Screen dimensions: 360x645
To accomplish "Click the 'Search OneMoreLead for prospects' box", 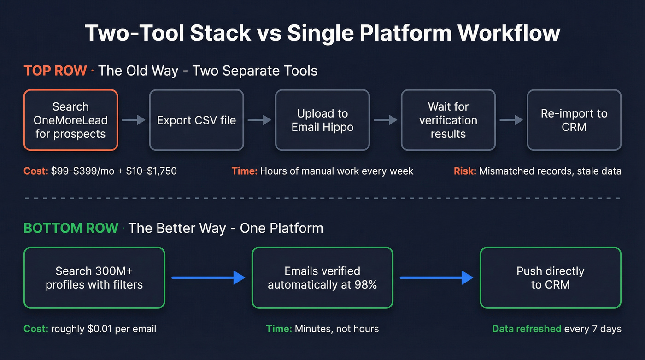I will point(70,120).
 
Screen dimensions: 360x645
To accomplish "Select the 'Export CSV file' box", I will point(196,120).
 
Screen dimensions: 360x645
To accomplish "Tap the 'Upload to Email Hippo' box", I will point(322,120).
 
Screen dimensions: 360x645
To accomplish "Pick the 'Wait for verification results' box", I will point(448,120).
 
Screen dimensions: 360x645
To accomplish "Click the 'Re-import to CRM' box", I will point(574,120).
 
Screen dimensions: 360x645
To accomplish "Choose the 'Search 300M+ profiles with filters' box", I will point(94,277).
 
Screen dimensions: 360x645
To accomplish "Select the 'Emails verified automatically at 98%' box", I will point(322,277).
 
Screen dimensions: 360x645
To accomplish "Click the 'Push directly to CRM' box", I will point(551,277).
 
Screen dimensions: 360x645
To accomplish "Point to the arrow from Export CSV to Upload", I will point(259,120).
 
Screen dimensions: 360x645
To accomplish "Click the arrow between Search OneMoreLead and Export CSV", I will point(134,120).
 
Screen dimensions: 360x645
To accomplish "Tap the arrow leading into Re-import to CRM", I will point(511,120).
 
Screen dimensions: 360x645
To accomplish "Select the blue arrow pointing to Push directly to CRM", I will point(436,277).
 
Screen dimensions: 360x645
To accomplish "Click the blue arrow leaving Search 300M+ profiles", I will point(208,277).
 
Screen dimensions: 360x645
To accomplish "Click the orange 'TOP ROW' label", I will point(55,71).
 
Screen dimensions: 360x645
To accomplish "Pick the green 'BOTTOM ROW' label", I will point(71,228).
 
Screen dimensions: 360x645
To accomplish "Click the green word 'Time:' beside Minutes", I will point(279,329).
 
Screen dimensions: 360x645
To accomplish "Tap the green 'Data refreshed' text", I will point(527,329).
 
